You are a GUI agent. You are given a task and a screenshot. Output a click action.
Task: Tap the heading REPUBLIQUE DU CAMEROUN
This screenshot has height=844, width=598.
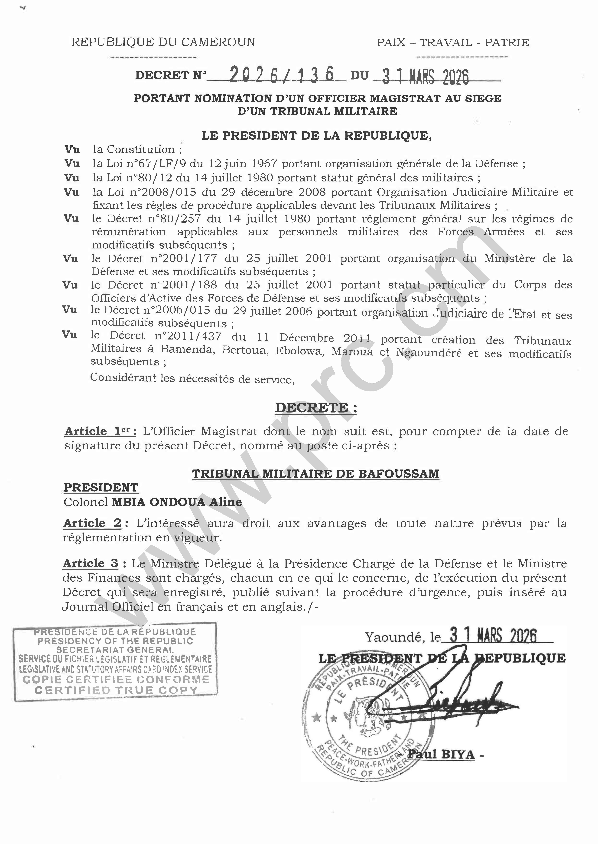(163, 42)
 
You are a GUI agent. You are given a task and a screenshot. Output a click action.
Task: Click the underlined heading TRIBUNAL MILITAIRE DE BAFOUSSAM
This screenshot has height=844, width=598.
(316, 473)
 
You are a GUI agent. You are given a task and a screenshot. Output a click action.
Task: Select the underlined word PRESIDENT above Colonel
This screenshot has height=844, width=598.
(101, 488)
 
